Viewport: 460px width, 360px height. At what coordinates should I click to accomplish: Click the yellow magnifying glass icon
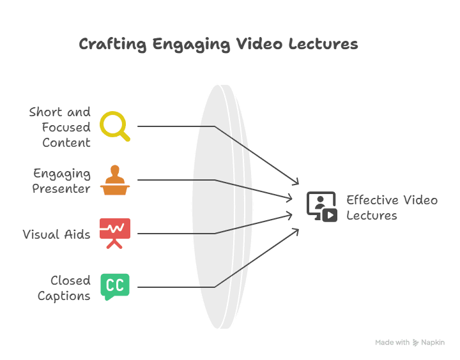click(x=115, y=125)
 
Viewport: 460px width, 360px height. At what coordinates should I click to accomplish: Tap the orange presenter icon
click(x=115, y=181)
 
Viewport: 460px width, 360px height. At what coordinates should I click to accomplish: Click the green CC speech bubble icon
click(x=115, y=287)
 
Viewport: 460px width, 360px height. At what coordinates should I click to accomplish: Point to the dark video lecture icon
click(x=321, y=207)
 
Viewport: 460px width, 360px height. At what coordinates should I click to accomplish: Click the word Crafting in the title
click(x=112, y=44)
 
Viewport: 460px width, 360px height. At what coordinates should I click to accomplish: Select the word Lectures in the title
click(x=323, y=44)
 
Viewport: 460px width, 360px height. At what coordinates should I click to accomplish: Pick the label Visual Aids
click(x=56, y=234)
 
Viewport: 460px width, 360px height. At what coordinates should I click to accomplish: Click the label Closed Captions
click(x=64, y=288)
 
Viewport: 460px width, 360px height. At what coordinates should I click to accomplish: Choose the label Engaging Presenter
click(x=62, y=181)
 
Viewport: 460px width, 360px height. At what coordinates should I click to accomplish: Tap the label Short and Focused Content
click(x=60, y=127)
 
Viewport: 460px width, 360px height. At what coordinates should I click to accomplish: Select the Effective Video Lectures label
click(x=391, y=207)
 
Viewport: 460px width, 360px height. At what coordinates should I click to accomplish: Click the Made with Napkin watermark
click(x=410, y=342)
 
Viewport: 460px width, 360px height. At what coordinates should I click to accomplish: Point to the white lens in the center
click(x=222, y=207)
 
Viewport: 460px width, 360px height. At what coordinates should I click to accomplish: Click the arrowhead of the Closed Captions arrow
click(x=297, y=229)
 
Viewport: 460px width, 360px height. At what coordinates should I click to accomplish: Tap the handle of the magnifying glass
click(x=125, y=136)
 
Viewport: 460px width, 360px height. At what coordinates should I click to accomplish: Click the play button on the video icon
click(x=330, y=214)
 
